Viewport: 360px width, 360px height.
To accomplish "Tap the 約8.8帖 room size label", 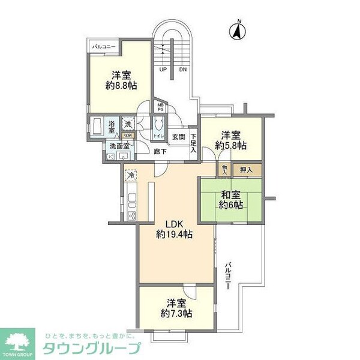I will coord(121,86).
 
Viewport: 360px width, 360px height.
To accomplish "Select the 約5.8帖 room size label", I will coord(231,145).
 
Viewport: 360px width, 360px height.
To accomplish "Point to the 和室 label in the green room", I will coord(230,194).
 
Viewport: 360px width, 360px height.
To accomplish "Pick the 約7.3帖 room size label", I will coord(176,313).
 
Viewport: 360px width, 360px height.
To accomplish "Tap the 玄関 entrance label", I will coord(179,137).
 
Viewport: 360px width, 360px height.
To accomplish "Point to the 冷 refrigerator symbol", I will coord(131,176).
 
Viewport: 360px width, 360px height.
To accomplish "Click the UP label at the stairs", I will coord(163,70).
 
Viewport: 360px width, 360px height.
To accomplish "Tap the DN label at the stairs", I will coord(182,70).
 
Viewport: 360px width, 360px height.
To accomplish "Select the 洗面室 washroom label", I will coord(118,146).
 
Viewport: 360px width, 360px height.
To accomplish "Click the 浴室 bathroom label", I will coord(113,127).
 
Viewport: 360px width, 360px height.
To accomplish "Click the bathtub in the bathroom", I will coord(97,127).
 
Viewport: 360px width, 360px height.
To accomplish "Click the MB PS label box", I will coord(160,108).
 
